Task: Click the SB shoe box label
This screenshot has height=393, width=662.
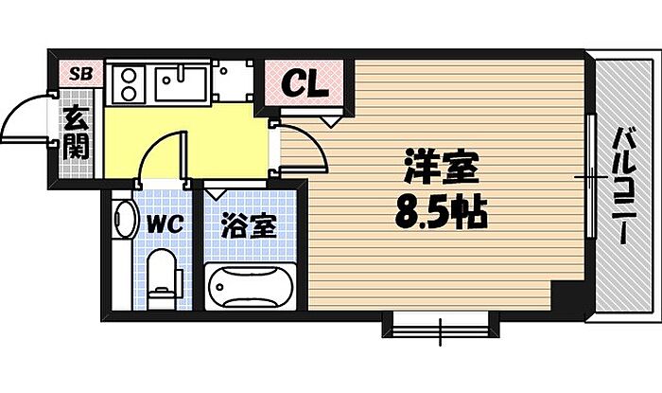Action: pos(80,75)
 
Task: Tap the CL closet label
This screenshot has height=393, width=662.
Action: pos(305,84)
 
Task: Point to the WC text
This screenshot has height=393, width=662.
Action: pos(165,224)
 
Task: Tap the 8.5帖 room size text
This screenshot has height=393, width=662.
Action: pos(442,212)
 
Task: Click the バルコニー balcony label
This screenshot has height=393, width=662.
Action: pos(624,185)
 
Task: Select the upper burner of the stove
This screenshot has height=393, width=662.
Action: pos(129,76)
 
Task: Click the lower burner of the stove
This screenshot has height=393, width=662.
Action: pos(129,93)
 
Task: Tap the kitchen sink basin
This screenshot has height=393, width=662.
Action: pos(182,83)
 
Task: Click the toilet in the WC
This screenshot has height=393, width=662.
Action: pos(163,278)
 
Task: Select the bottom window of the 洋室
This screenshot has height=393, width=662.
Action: pos(441,326)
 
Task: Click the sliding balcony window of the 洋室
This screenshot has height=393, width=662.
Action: pos(592,176)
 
